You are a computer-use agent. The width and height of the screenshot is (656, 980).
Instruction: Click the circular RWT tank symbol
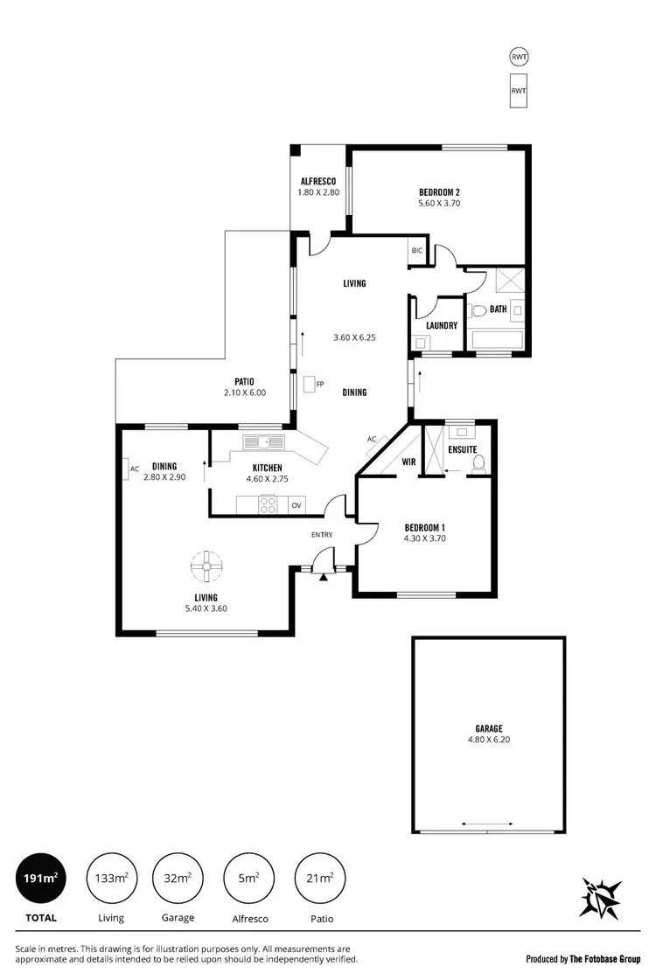pos(519,58)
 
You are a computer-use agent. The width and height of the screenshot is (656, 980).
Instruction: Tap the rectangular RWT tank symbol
pos(519,89)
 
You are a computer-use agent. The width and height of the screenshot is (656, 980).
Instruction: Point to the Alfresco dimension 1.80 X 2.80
pos(318,192)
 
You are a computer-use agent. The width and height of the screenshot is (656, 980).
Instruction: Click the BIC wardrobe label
pos(416,250)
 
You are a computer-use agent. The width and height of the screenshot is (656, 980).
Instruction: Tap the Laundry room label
pos(442,325)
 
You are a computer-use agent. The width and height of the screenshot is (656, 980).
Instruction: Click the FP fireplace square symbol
pos(310,384)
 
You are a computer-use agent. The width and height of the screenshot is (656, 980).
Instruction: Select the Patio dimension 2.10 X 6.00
pos(244,393)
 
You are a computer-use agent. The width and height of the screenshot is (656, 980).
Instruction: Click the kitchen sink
pos(263,441)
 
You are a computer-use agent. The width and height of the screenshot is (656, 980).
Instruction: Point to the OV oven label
pos(297,504)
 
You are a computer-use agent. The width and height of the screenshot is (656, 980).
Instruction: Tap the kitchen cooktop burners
pos(269,504)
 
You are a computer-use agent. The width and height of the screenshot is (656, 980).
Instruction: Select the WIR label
pos(408,462)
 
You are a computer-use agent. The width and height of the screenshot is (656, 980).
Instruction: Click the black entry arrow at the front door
pos(323,576)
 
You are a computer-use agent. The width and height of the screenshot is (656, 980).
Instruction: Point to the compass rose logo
pos(601,898)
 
